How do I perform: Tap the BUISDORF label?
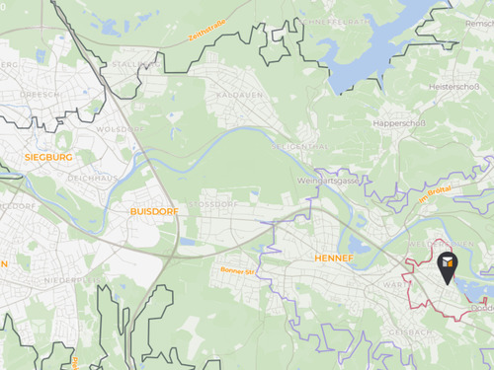tap(151, 211)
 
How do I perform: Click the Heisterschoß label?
tap(454, 87)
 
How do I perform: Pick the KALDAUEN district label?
tap(235, 95)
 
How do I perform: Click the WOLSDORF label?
tap(120, 129)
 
